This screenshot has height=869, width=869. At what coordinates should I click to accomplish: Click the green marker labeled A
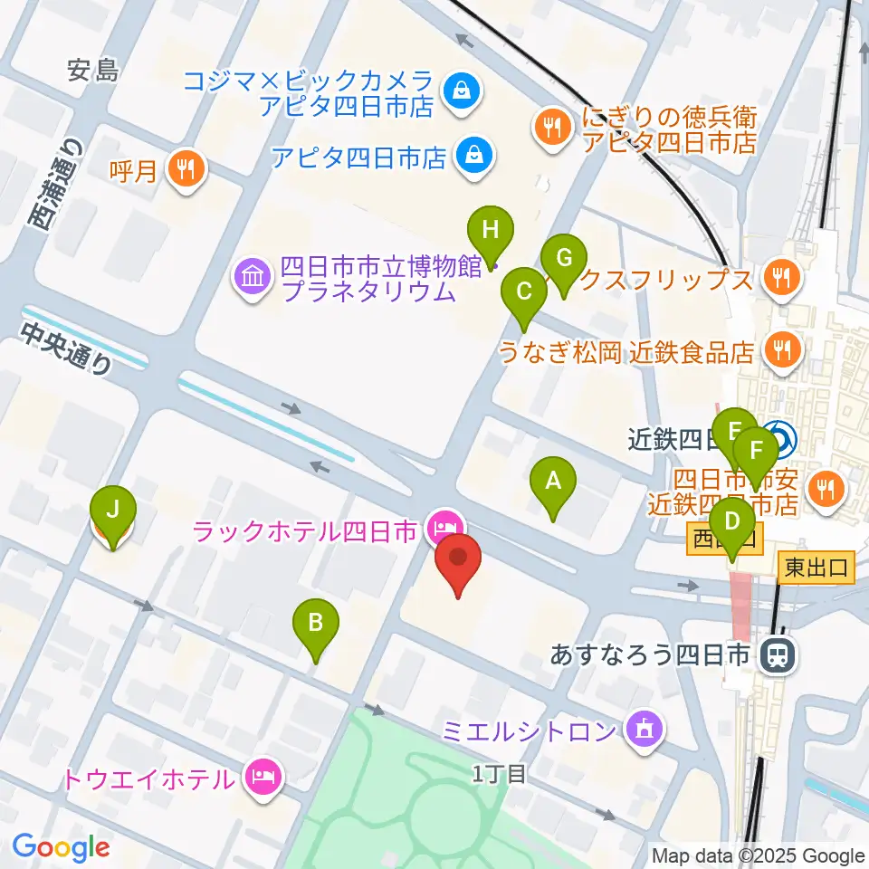point(554,482)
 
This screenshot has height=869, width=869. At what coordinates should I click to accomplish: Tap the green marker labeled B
point(316,624)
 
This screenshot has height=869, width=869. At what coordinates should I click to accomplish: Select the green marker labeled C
point(524,292)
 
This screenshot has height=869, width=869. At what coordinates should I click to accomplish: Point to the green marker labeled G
point(563,260)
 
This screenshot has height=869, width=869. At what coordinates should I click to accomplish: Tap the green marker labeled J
point(112,511)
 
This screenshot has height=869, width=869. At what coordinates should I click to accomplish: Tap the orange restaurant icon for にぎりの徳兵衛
point(551,128)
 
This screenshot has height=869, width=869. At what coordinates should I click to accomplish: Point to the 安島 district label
point(93,70)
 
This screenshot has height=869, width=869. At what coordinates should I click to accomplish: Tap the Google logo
point(61,847)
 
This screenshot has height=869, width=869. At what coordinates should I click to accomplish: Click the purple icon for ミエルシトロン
point(644,730)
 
